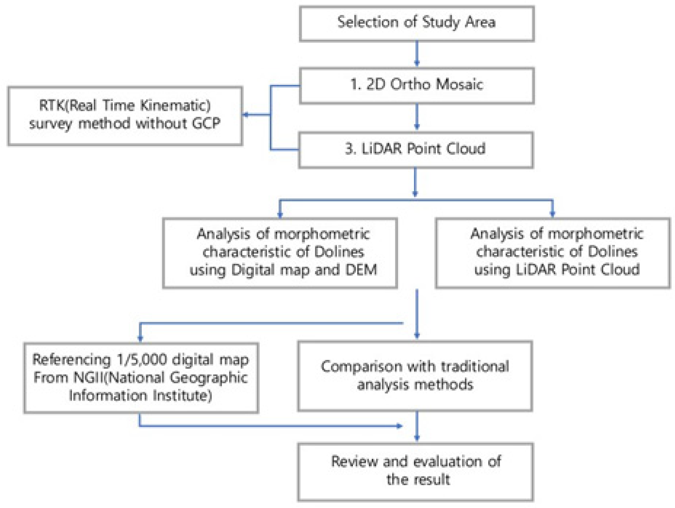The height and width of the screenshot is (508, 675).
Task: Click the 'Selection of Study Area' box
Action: point(417,24)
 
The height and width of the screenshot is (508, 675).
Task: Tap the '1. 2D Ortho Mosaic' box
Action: point(417,85)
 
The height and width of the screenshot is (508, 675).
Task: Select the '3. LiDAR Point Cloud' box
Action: point(416,149)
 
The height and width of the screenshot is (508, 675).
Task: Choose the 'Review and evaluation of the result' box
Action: point(416,472)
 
